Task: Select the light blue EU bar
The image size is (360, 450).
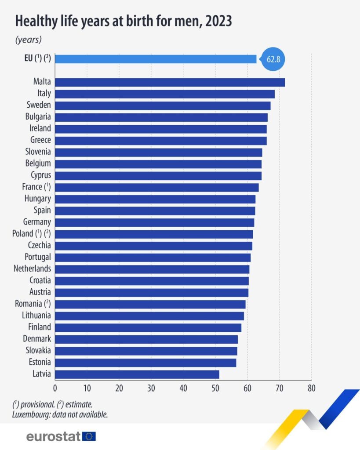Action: click(156, 59)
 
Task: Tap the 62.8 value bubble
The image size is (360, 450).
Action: click(273, 59)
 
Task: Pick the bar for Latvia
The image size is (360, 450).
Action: click(137, 374)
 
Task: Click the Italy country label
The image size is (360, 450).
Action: click(44, 93)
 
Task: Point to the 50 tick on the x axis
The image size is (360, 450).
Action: click(215, 388)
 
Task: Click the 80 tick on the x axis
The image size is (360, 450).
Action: click(311, 388)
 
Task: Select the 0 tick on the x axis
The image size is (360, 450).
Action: click(55, 388)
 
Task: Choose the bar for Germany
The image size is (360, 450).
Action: click(154, 222)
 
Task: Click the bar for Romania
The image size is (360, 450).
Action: click(150, 304)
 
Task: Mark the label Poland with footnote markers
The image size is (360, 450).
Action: click(31, 233)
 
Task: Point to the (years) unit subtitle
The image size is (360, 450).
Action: click(29, 40)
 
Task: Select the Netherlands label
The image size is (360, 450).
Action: click(32, 269)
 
